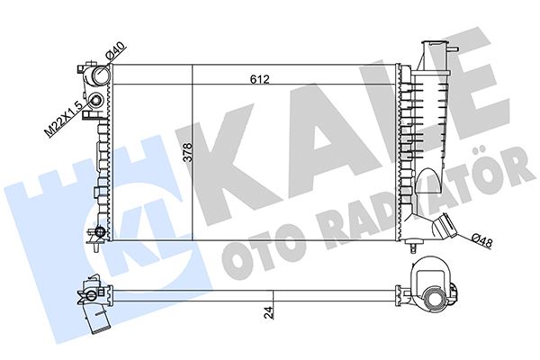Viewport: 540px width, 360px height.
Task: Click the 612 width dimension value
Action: coord(260,79)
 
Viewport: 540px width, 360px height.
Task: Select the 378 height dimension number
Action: coord(188,152)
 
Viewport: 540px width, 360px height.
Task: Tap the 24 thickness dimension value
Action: coord(270,314)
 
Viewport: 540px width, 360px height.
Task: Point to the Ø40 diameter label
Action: coord(115,51)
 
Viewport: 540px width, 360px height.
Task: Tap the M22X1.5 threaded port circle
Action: coord(95,101)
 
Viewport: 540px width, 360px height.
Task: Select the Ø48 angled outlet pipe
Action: coord(445,227)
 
